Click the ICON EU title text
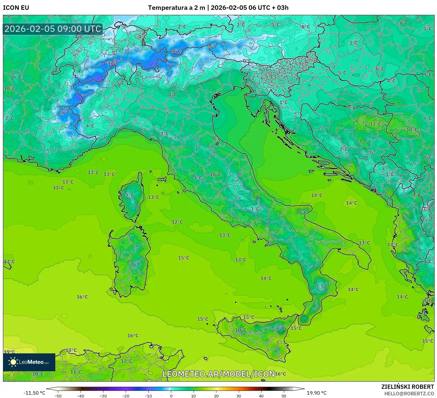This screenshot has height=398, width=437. point(16,8)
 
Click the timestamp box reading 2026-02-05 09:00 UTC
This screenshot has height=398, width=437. point(53,29)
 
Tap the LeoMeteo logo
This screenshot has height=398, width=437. point(29,362)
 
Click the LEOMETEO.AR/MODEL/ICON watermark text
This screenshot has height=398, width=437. point(218,374)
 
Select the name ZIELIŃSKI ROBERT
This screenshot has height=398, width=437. point(408,387)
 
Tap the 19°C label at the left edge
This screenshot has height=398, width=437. point(9,352)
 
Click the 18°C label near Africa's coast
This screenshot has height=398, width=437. point(71,350)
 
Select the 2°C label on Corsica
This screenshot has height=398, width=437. point(130,195)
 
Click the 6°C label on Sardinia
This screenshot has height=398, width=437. point(136,264)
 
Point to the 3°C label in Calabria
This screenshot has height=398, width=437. point(320,286)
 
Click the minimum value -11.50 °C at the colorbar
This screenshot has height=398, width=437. point(34,393)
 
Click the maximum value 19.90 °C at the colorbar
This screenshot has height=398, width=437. point(317,393)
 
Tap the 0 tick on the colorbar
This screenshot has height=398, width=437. point(171,396)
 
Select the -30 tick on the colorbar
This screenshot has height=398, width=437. point(103,396)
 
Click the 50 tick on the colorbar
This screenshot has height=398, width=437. point(284,396)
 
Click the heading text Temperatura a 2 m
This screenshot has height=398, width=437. point(177,8)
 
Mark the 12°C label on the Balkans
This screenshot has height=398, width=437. point(375,124)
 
